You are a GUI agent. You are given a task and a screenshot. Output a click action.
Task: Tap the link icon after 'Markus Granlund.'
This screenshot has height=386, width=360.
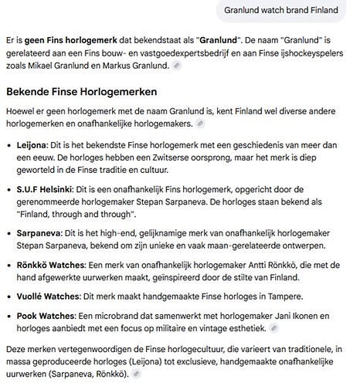point(178,67)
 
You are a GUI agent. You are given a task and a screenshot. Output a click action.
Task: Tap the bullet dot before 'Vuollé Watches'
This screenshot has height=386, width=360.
point(8,296)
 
